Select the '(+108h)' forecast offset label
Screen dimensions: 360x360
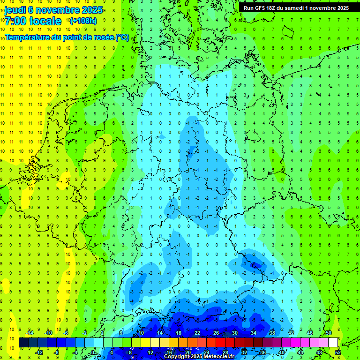point(83,21)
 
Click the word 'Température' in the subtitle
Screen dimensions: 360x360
point(27,37)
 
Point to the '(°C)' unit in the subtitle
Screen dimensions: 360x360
point(122,37)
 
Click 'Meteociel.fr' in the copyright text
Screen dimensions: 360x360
point(218,357)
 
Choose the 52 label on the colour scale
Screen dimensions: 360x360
point(338,352)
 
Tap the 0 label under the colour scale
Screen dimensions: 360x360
point(93,352)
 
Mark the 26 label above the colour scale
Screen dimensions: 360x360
point(216,333)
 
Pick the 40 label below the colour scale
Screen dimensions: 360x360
point(281,352)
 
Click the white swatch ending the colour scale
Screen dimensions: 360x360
point(333,343)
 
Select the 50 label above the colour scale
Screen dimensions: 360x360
point(328,333)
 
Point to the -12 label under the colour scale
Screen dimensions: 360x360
point(39,352)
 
